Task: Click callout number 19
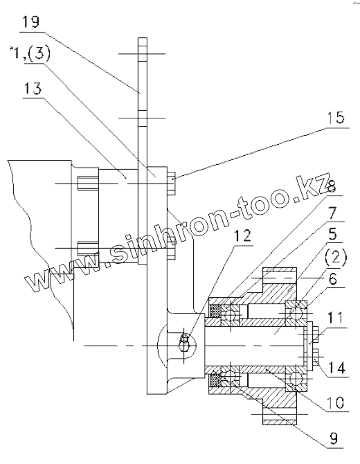click(31, 22)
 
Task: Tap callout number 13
click(33, 89)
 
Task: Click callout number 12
click(242, 236)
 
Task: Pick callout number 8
click(332, 187)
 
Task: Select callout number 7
click(333, 213)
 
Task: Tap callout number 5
click(332, 234)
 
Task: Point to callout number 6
click(333, 279)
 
